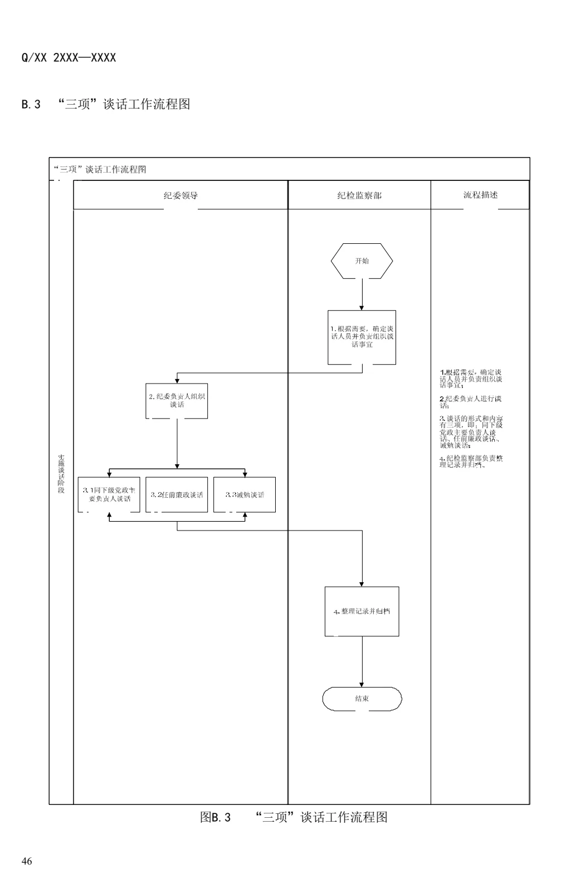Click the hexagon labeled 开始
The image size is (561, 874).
(x=362, y=261)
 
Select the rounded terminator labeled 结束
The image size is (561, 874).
(x=362, y=699)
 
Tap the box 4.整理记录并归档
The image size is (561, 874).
(x=362, y=611)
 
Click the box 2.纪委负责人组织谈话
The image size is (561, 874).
(x=177, y=401)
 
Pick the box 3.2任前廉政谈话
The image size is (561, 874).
(x=177, y=494)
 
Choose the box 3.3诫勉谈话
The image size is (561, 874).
(x=245, y=494)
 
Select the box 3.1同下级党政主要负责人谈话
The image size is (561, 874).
(x=109, y=494)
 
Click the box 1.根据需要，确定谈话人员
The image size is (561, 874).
(x=362, y=337)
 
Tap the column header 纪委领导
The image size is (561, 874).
(x=181, y=195)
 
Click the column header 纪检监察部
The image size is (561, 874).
(x=359, y=195)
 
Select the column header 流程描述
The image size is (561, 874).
(x=480, y=195)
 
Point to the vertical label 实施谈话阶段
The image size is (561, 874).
(x=61, y=474)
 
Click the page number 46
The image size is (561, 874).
(x=27, y=861)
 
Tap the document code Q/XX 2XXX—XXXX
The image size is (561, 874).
(x=69, y=58)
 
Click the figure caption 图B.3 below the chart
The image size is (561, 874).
(x=294, y=817)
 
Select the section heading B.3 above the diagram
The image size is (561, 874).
(x=106, y=104)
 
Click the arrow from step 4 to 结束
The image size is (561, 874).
(x=362, y=661)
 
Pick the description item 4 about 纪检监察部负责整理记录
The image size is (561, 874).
(x=471, y=461)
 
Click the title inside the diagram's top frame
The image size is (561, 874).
(x=100, y=169)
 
